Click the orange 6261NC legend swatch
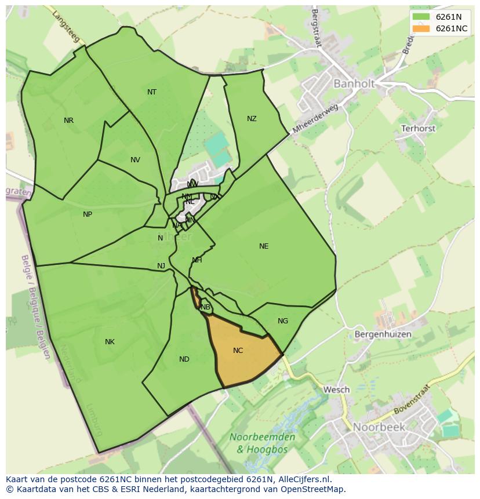[x=421, y=28]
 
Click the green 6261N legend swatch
[x=421, y=17]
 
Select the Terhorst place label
[x=418, y=129]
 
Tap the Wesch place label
[x=336, y=389]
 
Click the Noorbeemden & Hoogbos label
[x=262, y=442]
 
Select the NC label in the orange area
[x=238, y=351]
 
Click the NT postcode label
[x=152, y=92]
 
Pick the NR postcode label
[x=69, y=121]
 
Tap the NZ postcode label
[x=252, y=119]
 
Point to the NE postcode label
[x=264, y=246]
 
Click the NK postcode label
[x=110, y=342]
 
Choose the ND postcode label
[x=184, y=359]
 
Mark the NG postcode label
[x=283, y=321]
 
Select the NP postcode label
[x=88, y=214]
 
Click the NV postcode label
[x=135, y=160]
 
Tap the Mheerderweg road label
[x=315, y=119]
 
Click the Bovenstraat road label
[x=413, y=399]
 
